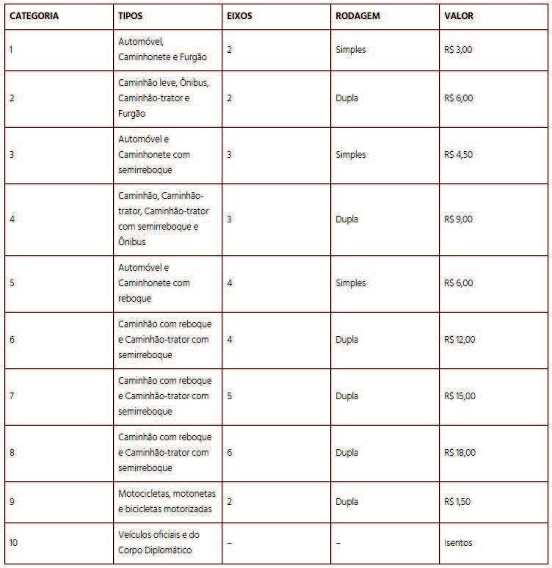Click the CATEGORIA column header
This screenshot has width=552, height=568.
pos(34,15)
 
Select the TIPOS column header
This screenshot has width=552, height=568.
pos(132,15)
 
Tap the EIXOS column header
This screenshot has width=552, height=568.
pos(240,15)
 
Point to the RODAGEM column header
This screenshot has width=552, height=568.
pos(357,15)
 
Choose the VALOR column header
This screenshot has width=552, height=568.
pos(460,15)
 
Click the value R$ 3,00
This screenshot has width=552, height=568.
pos(460,50)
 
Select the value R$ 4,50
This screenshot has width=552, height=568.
pos(460,155)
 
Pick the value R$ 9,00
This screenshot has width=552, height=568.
pos(460,219)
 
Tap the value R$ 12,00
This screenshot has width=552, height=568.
pos(461,339)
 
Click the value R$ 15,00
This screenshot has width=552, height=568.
pos(461,396)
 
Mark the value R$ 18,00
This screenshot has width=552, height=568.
pos(461,452)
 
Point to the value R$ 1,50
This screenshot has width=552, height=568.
pos(459,501)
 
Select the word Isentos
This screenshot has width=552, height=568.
pos(459,543)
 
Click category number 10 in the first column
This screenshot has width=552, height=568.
pos(14,543)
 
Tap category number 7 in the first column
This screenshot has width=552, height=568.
pos(12,396)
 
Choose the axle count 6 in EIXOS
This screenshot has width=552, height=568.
pos(230,452)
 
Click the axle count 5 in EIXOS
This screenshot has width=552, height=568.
pos(230,396)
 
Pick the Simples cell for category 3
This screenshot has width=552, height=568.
pos(350,155)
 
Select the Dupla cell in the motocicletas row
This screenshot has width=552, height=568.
pos(346,501)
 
